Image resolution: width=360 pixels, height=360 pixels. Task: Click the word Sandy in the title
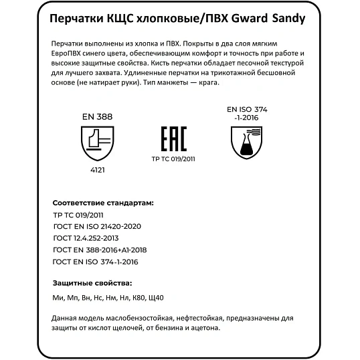point(289,19)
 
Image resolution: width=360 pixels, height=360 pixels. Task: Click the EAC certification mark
point(174,140)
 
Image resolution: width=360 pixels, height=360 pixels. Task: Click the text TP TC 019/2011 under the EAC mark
point(174,159)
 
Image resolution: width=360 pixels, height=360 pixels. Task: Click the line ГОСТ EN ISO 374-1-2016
point(96,261)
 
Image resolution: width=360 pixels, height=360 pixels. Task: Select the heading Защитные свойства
point(92,282)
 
